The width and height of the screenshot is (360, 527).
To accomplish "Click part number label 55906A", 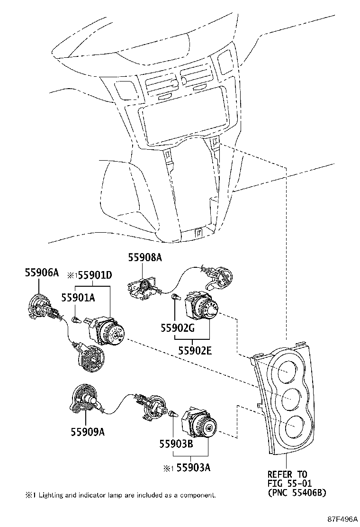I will [x=41, y=273].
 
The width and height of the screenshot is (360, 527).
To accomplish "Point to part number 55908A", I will [x=144, y=257].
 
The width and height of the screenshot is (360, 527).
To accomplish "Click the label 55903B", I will [x=175, y=444].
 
